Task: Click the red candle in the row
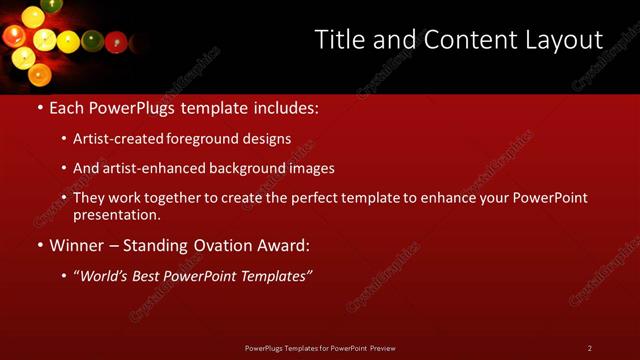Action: click(x=116, y=42)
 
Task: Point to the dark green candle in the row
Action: click(x=92, y=41)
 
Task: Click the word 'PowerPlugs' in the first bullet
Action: click(x=139, y=106)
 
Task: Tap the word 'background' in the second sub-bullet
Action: click(x=244, y=168)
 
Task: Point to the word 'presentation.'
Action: click(x=116, y=214)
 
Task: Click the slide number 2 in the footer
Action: click(x=589, y=348)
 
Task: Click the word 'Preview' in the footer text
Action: click(x=383, y=348)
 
